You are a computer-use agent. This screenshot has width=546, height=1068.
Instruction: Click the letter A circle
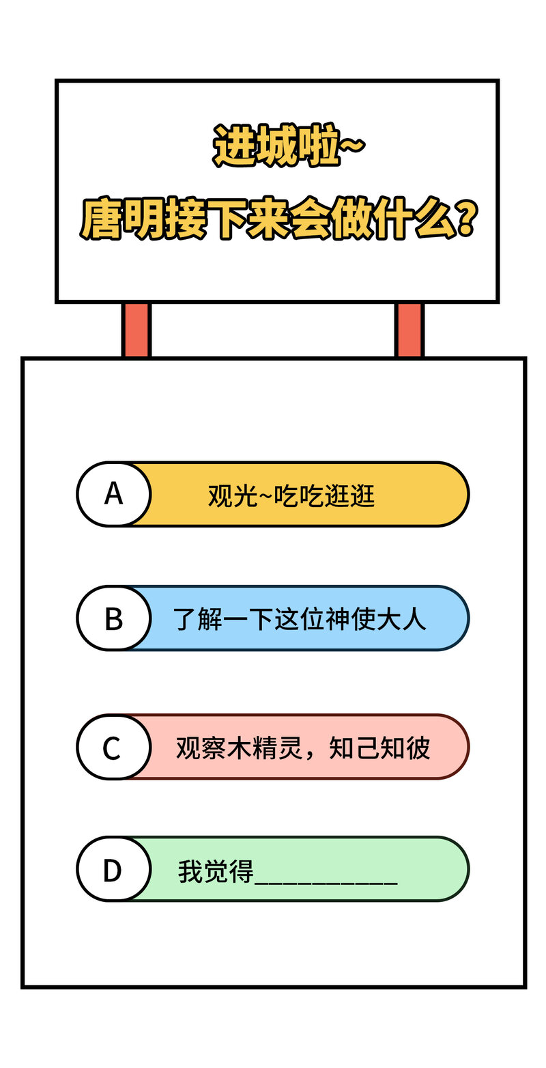click(114, 495)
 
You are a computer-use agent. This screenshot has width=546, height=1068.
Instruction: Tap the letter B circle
click(114, 618)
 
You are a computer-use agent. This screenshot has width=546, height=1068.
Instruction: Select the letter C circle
click(114, 747)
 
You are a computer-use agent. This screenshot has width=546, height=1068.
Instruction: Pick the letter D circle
click(114, 869)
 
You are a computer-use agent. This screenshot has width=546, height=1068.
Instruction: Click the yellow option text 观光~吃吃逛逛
click(291, 496)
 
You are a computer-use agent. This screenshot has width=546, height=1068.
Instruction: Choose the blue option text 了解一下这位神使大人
click(300, 619)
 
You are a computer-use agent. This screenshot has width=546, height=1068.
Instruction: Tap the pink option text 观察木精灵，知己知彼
click(303, 748)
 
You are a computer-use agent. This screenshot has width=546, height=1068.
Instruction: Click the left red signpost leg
click(136, 329)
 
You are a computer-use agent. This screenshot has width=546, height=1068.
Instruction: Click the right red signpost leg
click(409, 329)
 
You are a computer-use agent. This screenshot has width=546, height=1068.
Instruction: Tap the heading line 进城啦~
click(289, 145)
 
